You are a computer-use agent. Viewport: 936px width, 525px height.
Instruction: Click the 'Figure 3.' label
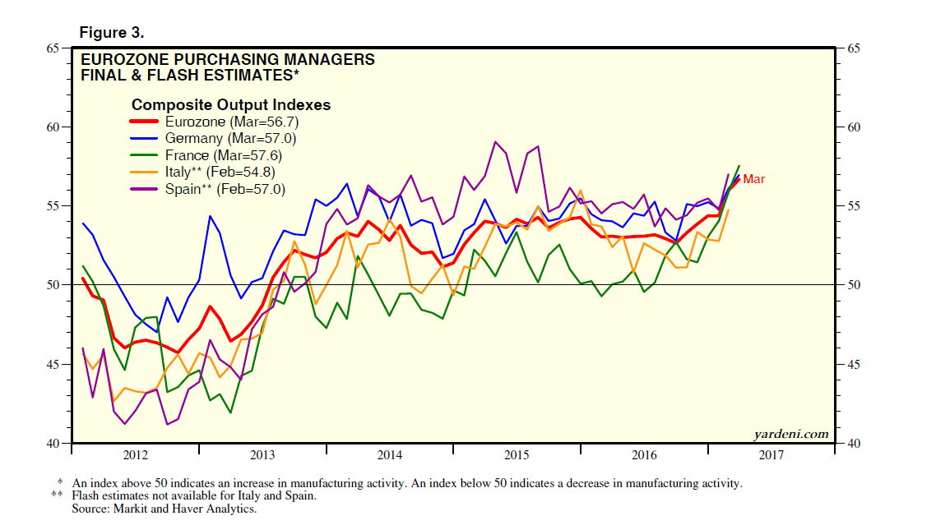pos(111,33)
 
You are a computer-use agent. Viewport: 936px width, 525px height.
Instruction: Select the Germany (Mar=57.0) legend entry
pos(218,138)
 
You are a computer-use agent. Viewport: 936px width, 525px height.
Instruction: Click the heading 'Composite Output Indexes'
pos(231,104)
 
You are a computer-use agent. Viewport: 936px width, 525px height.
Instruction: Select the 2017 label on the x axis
pos(771,455)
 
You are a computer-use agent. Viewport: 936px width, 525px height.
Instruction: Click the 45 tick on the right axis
pos(853,364)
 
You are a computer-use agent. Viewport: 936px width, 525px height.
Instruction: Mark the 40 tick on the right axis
pos(853,444)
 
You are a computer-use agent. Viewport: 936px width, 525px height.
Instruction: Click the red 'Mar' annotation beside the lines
pos(753,179)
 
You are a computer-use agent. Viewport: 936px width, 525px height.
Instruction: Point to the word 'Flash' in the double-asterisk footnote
pos(87,496)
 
